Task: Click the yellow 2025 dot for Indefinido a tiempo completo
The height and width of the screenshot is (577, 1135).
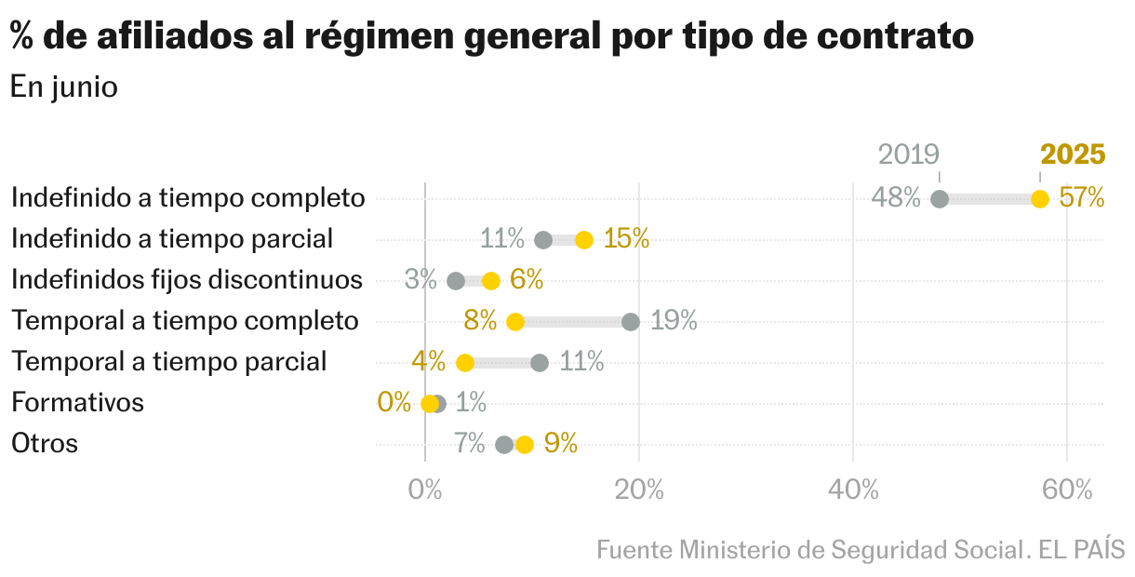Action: pos(1039,199)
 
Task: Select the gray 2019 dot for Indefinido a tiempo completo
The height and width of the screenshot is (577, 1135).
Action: pos(940,199)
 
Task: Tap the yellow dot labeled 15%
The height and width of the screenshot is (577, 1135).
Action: pos(584,240)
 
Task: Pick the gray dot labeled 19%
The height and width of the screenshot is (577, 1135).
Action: pos(631,322)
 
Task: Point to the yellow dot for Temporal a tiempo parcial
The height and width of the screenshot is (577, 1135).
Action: pos(465,363)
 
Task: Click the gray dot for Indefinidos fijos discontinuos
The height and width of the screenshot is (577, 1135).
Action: pos(456,281)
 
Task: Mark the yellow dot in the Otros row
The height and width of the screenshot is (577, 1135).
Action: pos(525,445)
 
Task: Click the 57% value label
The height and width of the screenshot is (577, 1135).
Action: pos(1082,198)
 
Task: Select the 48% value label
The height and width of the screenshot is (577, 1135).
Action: pos(896,198)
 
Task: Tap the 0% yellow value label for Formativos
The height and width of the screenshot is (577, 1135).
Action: pos(394,403)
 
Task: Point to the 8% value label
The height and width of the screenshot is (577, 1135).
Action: pos(480,321)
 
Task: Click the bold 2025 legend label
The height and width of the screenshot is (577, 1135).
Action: pos(1073,154)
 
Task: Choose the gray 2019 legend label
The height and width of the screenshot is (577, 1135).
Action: pos(909,154)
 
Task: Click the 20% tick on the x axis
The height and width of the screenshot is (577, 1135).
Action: pos(639,490)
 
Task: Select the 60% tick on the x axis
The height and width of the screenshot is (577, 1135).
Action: pos(1067,490)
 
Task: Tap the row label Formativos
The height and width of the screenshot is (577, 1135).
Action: pos(77,403)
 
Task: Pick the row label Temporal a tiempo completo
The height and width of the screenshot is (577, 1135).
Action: pos(184,321)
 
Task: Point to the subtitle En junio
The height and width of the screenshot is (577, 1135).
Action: pos(64,87)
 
